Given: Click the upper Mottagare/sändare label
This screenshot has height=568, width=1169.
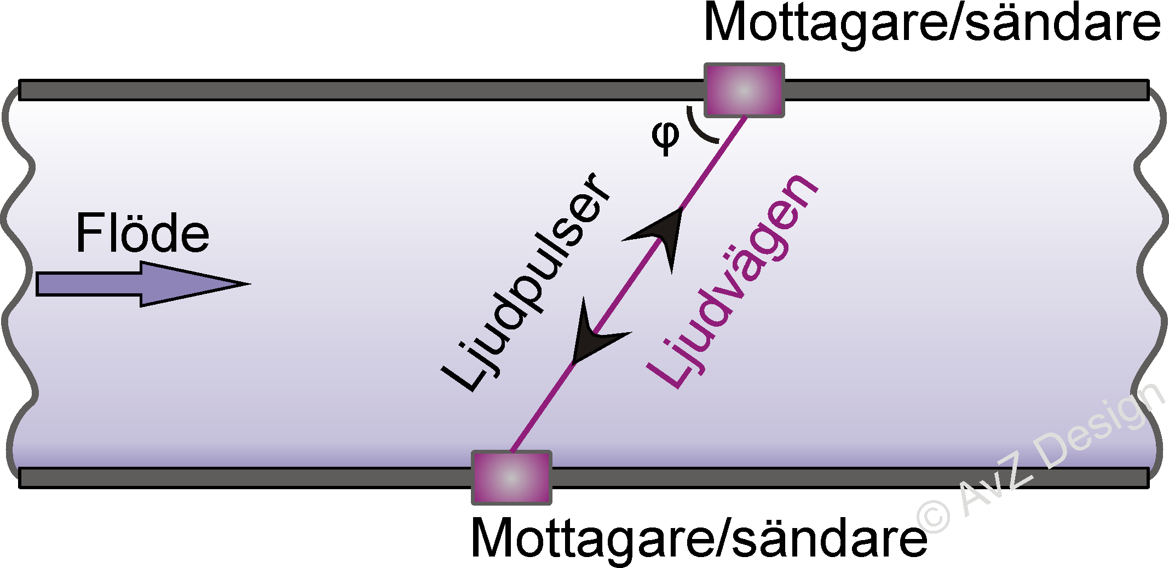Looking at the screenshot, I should (931, 23).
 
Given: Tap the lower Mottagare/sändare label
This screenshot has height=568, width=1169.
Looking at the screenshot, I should (699, 538).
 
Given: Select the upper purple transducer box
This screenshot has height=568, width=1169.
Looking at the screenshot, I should (744, 90).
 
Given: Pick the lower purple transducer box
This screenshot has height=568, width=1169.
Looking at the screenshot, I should (511, 478).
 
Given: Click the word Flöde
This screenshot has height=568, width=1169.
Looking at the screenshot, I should (142, 234).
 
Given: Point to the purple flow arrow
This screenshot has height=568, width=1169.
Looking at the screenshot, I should (137, 284).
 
